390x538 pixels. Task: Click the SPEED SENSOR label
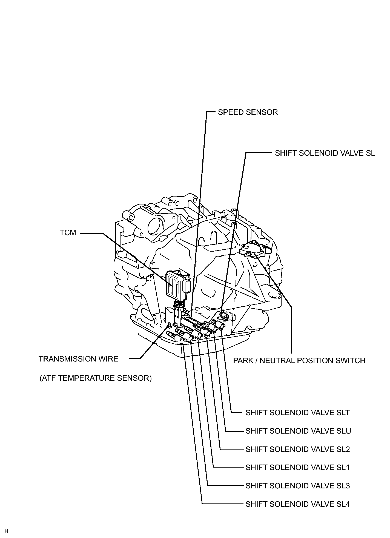coord(248,112)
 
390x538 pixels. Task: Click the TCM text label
coord(68,233)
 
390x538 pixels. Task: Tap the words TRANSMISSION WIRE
coord(78,359)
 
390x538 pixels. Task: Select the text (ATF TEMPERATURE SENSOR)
coord(95,378)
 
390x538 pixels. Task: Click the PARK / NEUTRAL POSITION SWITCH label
coord(299,360)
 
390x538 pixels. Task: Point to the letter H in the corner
coord(6,531)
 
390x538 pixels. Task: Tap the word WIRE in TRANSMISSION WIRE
coord(107,359)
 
